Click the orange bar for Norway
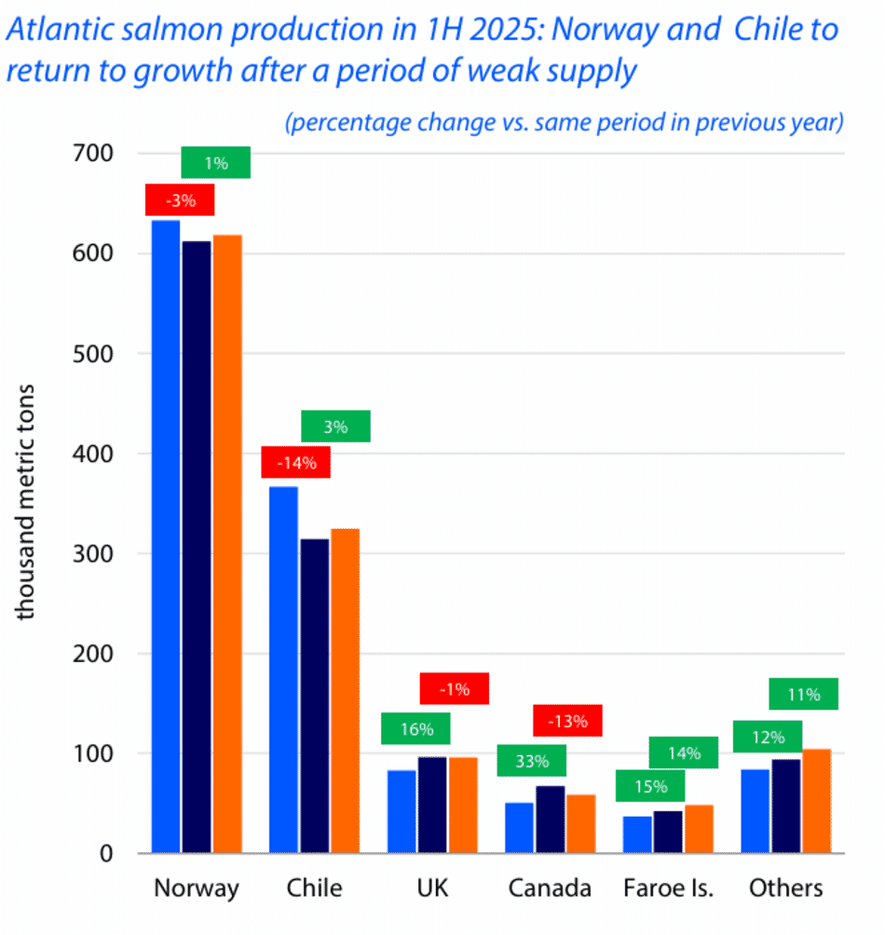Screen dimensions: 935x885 click(227, 544)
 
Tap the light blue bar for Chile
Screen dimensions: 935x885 click(283, 670)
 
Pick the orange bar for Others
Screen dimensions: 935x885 click(816, 801)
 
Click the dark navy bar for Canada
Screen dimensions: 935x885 click(550, 820)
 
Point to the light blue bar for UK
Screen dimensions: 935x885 click(402, 811)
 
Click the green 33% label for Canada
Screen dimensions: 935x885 click(532, 761)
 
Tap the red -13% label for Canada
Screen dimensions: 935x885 click(567, 720)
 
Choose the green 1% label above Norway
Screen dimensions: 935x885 click(216, 164)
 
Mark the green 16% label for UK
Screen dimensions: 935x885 click(415, 728)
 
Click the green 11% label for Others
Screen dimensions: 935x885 click(804, 694)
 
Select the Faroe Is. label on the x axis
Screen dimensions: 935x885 click(668, 888)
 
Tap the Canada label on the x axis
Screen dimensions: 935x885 click(550, 888)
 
